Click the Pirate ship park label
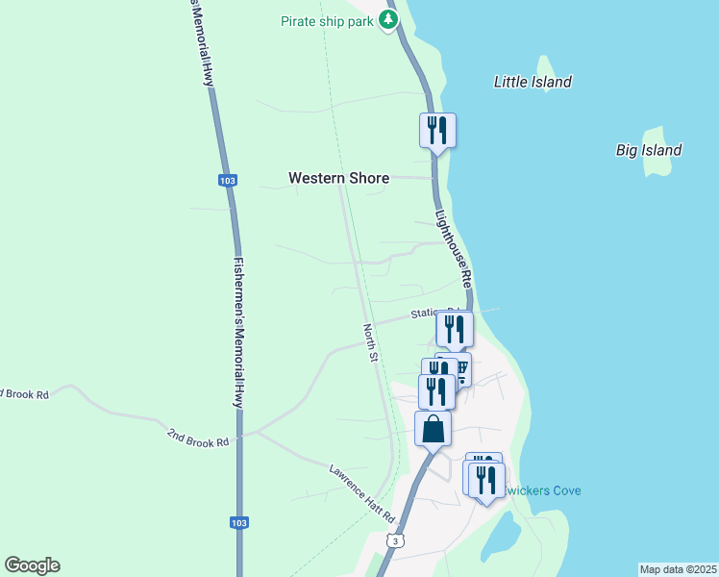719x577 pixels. [326, 21]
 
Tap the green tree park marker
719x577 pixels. [388, 19]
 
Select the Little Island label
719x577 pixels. [533, 82]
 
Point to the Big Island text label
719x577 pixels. [649, 150]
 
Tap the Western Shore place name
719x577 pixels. [339, 178]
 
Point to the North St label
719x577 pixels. [370, 342]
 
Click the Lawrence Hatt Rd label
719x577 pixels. [362, 493]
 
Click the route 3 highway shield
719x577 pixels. [394, 542]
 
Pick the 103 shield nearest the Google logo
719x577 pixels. [239, 522]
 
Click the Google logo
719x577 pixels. [32, 565]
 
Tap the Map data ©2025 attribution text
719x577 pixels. [678, 569]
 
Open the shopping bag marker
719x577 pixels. [433, 429]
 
